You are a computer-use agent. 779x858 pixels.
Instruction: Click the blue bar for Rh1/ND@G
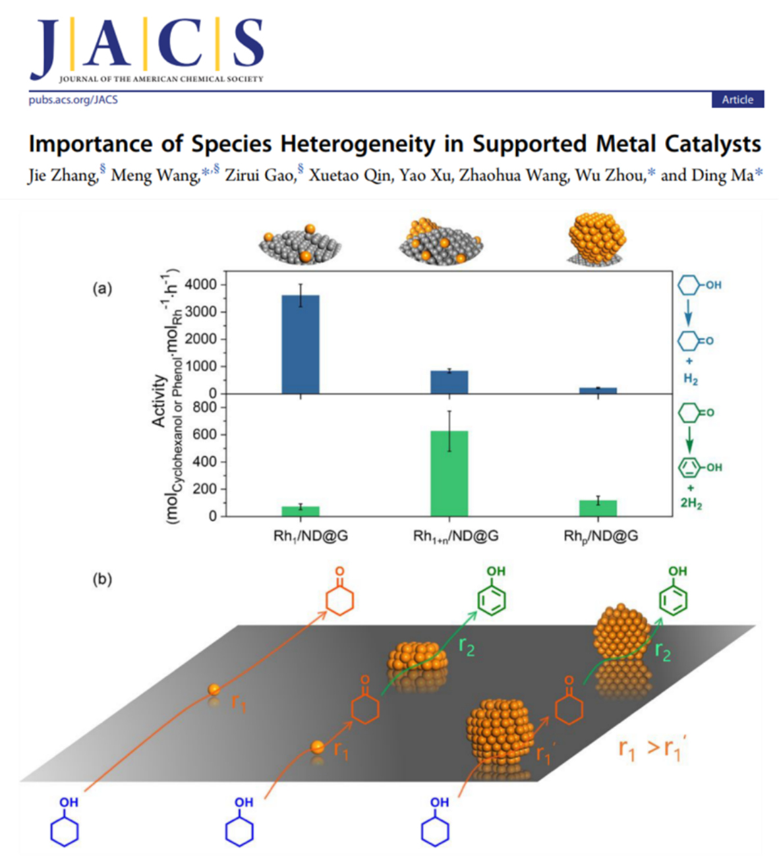pyautogui.click(x=301, y=345)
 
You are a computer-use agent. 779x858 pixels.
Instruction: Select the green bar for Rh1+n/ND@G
pyautogui.click(x=449, y=473)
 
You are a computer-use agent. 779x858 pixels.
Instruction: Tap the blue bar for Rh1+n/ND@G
pyautogui.click(x=449, y=382)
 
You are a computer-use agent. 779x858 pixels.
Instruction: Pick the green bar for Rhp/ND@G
pyautogui.click(x=598, y=508)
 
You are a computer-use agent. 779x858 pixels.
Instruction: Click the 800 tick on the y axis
pyautogui.click(x=205, y=407)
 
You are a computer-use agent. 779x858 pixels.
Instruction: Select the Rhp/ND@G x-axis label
pyautogui.click(x=600, y=536)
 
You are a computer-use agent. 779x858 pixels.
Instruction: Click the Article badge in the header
pyautogui.click(x=737, y=100)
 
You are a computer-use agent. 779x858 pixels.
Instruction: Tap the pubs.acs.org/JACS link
pyautogui.click(x=73, y=100)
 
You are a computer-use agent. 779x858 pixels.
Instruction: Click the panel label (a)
pyautogui.click(x=102, y=288)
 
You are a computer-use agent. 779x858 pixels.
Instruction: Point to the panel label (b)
pyautogui.click(x=102, y=579)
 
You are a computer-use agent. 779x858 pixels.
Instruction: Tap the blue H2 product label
pyautogui.click(x=690, y=379)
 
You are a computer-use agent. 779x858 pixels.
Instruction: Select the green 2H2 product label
pyautogui.click(x=691, y=503)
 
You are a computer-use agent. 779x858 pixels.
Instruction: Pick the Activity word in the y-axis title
pyautogui.click(x=159, y=401)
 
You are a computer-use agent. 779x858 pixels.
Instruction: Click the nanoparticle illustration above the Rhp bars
pyautogui.click(x=596, y=239)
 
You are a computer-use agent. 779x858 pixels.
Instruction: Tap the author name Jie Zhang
pyautogui.click(x=63, y=175)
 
